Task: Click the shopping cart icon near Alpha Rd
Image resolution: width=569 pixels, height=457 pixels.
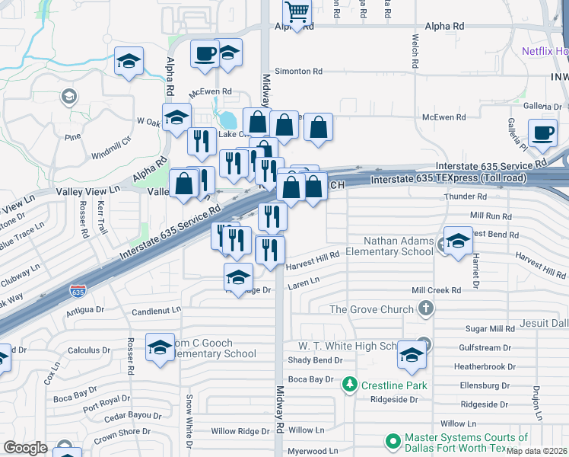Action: click(x=297, y=12)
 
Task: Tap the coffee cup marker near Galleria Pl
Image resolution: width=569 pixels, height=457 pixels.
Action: click(x=542, y=133)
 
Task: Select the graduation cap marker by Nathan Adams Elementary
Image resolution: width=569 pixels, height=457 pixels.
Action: click(x=457, y=243)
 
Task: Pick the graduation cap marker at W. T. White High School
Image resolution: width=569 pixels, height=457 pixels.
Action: click(x=412, y=356)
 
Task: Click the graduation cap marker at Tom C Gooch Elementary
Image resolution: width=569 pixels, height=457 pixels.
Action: click(x=160, y=348)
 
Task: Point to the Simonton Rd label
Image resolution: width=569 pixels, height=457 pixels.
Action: click(x=298, y=71)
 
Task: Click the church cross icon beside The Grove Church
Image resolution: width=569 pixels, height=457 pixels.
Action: click(x=426, y=308)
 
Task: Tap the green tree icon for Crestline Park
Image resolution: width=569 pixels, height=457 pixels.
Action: click(x=350, y=385)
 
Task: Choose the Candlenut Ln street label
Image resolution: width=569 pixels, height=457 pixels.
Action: click(x=156, y=311)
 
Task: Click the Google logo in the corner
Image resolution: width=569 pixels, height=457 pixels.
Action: click(x=25, y=448)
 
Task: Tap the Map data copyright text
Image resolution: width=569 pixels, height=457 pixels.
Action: click(x=537, y=450)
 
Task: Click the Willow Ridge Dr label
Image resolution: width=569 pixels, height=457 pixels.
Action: click(x=240, y=431)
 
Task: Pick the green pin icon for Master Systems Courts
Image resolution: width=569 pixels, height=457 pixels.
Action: click(x=393, y=441)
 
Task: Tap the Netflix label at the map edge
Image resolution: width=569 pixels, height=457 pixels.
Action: click(x=545, y=51)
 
